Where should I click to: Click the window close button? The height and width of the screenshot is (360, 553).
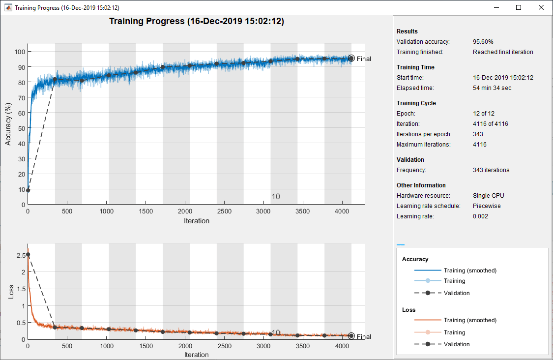(541, 7)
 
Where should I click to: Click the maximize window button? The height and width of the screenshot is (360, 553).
(519, 7)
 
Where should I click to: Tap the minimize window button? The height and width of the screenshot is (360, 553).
(496, 7)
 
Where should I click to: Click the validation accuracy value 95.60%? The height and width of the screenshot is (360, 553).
(483, 42)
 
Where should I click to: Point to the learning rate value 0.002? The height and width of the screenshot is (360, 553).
(480, 216)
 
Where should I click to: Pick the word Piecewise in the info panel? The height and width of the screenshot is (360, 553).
(487, 206)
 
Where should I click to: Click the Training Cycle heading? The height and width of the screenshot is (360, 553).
(416, 103)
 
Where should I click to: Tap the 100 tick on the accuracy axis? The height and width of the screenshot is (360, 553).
(19, 52)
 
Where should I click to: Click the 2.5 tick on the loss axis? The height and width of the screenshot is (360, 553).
(20, 256)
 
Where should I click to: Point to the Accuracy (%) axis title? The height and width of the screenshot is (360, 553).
(8, 123)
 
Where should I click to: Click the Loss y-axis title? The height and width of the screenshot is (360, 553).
(11, 292)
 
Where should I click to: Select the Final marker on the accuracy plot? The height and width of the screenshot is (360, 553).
(351, 59)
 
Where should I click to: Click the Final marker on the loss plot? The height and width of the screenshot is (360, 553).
(351, 336)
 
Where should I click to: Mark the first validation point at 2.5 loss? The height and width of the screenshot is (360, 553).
(28, 255)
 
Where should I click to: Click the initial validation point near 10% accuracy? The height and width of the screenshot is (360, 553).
(28, 190)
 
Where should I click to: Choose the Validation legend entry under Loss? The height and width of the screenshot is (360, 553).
(457, 344)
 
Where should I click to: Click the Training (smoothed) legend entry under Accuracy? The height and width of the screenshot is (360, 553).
(469, 270)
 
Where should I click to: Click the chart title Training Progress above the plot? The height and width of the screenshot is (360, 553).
(196, 22)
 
